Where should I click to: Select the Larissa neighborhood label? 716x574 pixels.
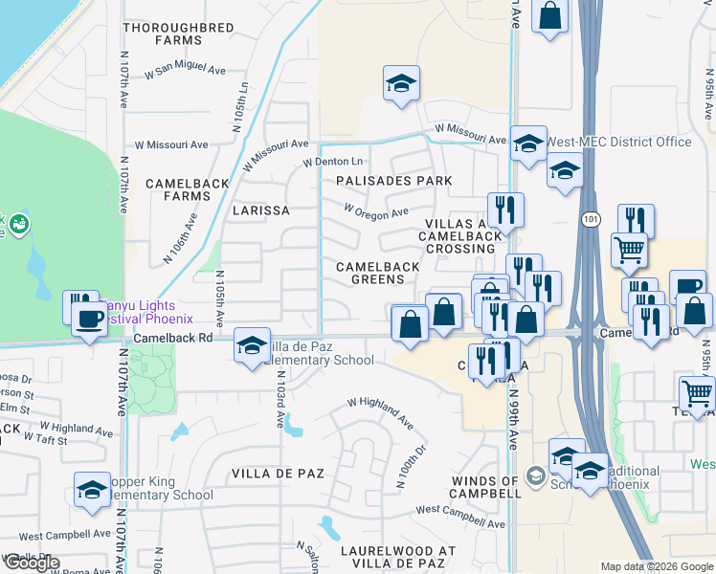tap(260, 210)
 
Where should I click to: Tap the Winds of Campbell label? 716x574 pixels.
tap(486, 487)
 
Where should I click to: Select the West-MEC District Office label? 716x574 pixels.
tap(617, 143)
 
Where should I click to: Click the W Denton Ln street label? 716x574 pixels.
tap(333, 163)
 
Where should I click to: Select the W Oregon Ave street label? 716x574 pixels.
tap(375, 211)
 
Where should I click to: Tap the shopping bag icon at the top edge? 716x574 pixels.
tap(550, 15)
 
